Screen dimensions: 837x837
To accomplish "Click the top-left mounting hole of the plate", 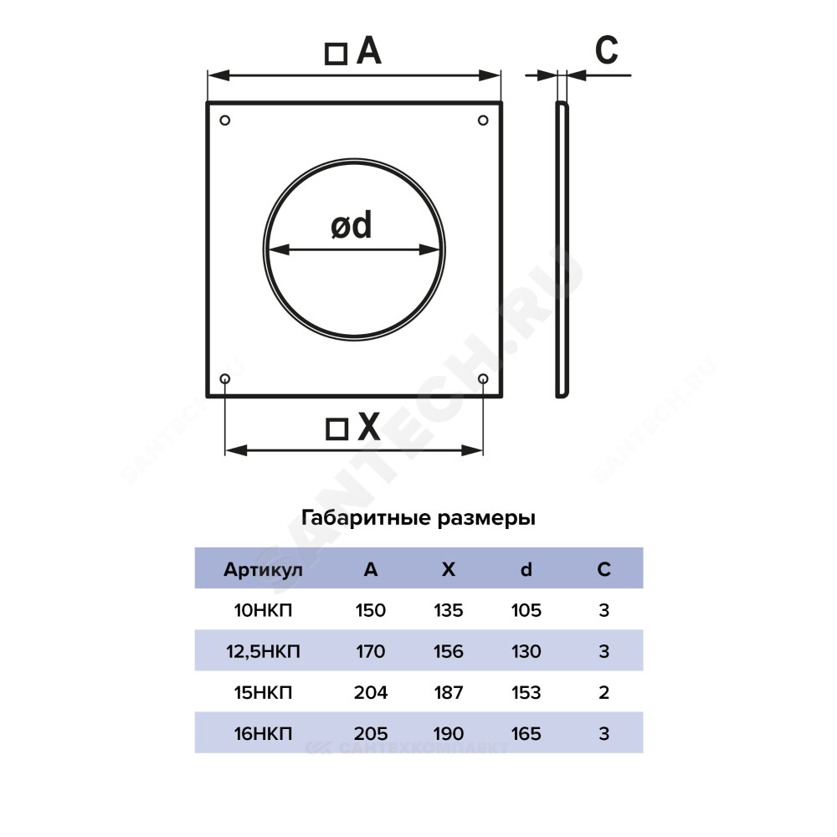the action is [224, 120].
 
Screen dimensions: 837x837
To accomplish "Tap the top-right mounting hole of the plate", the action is [483, 120].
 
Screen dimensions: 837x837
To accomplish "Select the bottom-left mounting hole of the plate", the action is [224, 378].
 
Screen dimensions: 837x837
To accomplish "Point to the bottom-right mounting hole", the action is [483, 378].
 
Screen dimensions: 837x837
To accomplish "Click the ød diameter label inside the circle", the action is [352, 225].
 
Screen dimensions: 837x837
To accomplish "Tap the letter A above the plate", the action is [369, 51].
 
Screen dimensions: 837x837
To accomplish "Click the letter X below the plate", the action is [369, 427].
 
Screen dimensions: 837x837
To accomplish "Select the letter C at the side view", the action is [606, 50].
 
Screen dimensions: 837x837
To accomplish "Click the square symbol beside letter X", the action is [336, 429].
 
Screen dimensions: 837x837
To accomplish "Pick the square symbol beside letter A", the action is [336, 54].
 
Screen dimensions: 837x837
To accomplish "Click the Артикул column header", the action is [263, 569].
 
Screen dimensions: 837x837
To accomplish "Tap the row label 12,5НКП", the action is [263, 651].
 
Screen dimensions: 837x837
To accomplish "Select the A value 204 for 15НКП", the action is [371, 692].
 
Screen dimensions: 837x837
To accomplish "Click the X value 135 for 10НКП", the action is [449, 610].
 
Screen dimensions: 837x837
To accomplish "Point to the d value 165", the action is [526, 733].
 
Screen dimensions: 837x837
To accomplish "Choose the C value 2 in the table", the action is [603, 692].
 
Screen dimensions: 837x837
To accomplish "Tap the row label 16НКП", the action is [263, 733].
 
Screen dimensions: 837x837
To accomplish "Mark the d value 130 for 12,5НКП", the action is [526, 651].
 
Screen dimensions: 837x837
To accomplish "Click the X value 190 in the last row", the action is [449, 733].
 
